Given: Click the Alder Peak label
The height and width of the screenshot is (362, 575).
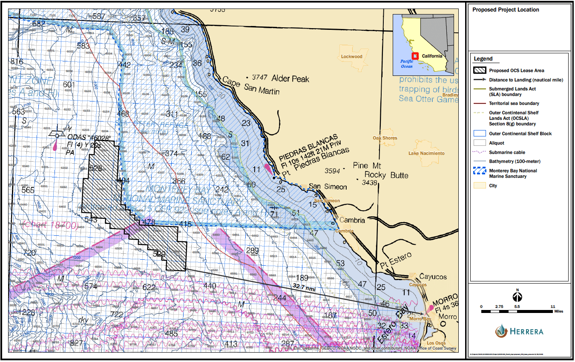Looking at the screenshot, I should coord(290,79).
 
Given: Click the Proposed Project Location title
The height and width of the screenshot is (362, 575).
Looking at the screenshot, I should coord(500,10).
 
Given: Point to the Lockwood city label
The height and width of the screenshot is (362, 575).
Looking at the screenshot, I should coord(351,56).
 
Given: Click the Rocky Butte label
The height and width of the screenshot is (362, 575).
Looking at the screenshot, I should coord(386,175).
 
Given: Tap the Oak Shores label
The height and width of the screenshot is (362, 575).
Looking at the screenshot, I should coord(385,138).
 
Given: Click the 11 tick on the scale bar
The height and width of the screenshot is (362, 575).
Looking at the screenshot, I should coord(553,307).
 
